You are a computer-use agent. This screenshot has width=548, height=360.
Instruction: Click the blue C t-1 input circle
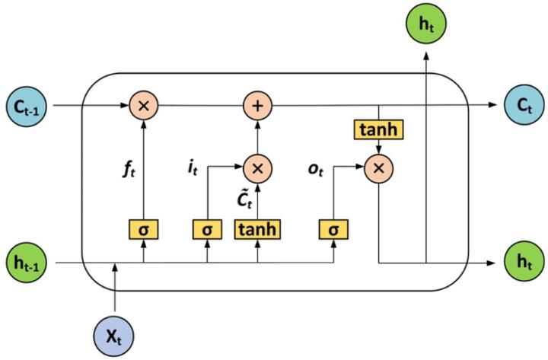click(x=27, y=105)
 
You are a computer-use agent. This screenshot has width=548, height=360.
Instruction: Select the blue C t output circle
click(x=521, y=105)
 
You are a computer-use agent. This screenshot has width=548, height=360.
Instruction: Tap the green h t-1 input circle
click(x=27, y=263)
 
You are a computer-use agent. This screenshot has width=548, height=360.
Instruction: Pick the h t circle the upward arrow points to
click(x=427, y=23)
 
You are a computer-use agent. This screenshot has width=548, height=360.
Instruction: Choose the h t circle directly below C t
click(x=521, y=263)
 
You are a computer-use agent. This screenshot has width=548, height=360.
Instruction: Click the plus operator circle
click(x=257, y=105)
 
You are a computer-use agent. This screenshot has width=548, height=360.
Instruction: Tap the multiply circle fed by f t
click(x=144, y=105)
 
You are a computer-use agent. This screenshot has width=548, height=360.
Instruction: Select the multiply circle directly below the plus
click(x=257, y=167)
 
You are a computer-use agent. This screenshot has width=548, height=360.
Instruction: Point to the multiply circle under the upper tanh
click(x=378, y=167)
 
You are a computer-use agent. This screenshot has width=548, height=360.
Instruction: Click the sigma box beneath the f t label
click(x=144, y=228)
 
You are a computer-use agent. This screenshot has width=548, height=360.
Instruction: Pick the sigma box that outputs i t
click(x=207, y=228)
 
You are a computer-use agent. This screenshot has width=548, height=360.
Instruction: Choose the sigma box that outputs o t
click(x=333, y=228)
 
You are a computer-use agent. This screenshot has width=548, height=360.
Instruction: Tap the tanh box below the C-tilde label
click(x=257, y=228)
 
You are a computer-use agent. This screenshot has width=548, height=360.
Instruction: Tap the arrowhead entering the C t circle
click(x=497, y=105)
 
